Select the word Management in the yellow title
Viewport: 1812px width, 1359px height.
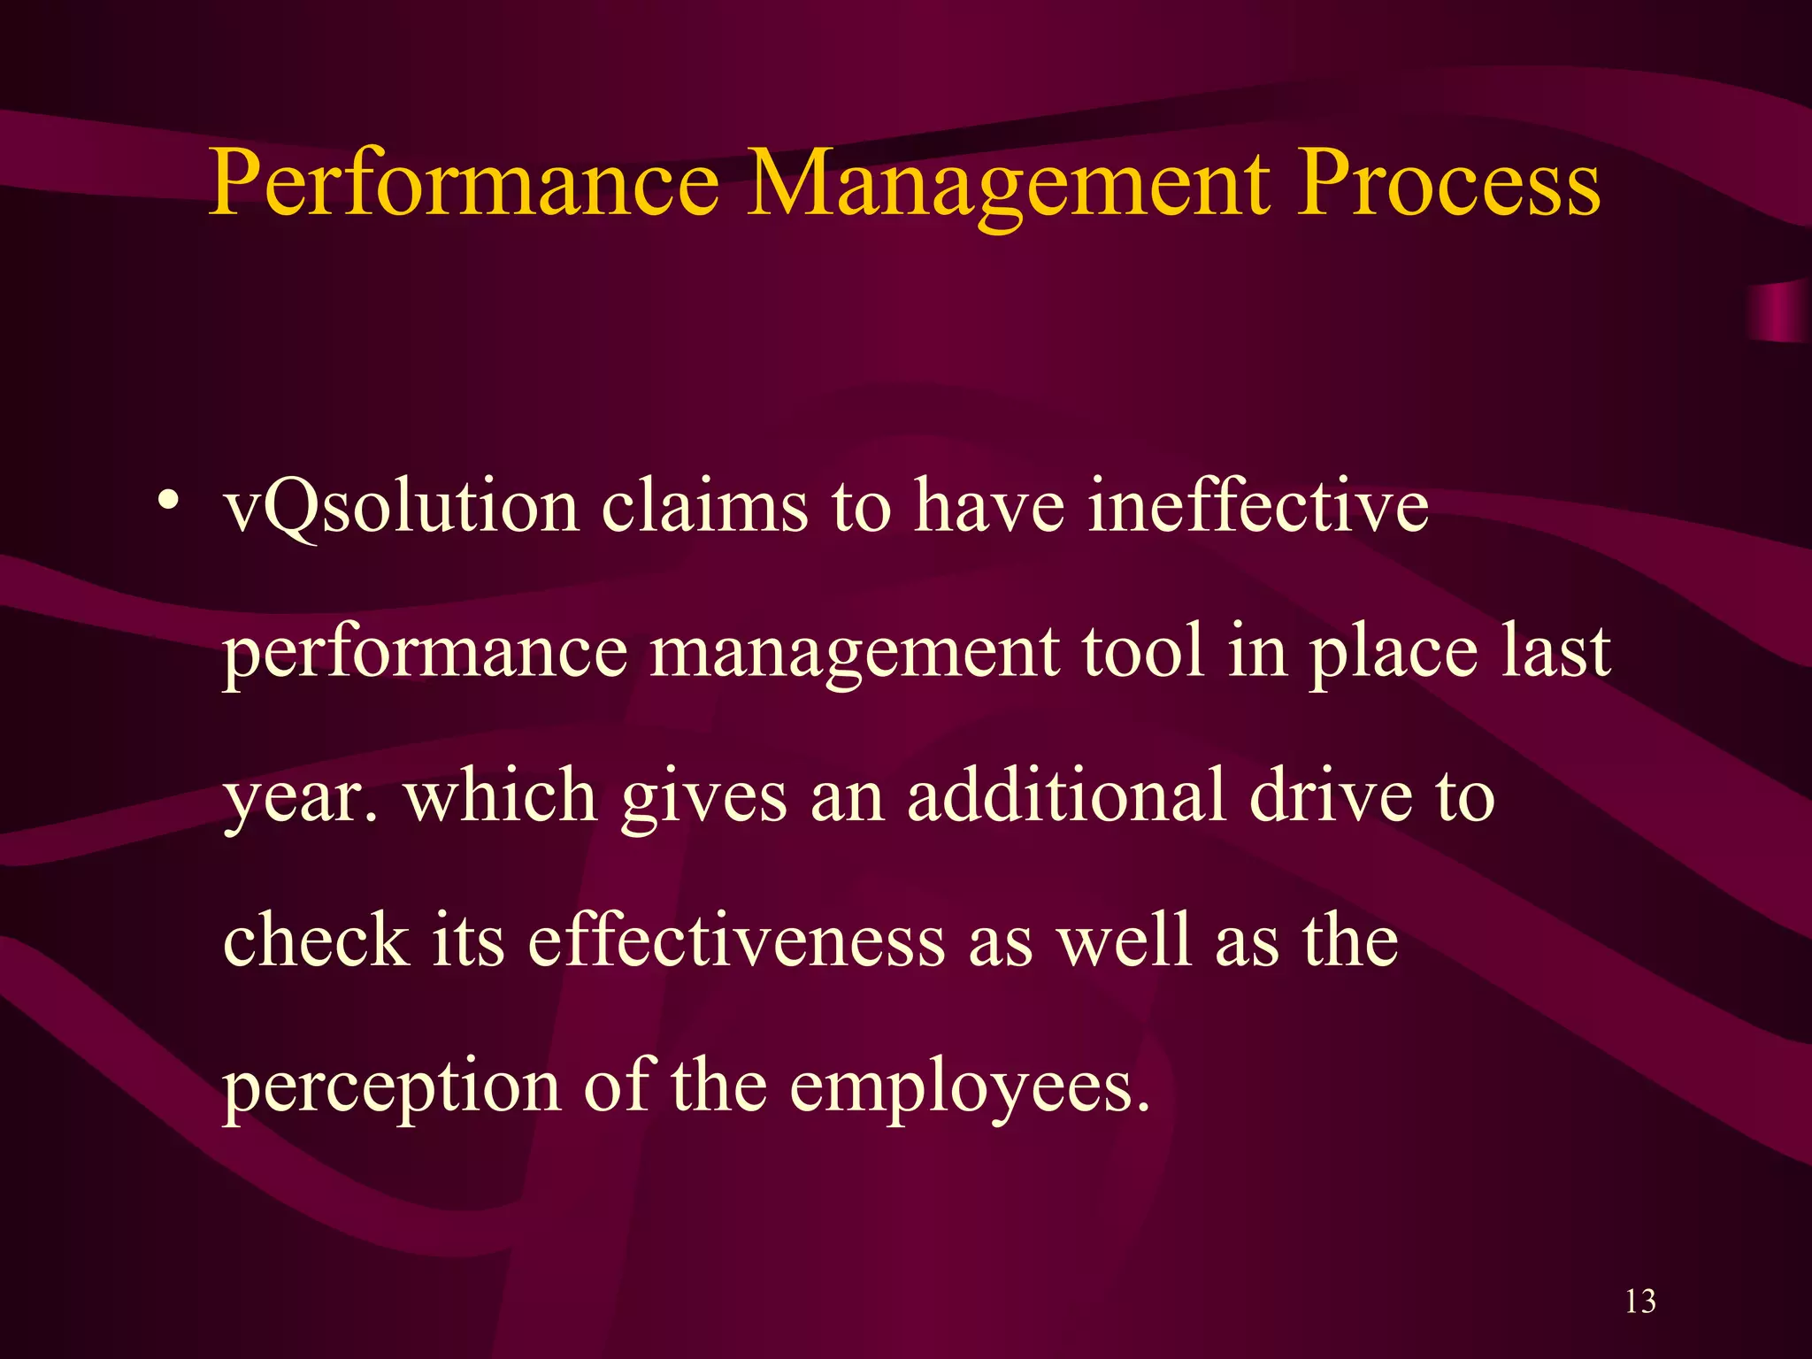[1009, 186]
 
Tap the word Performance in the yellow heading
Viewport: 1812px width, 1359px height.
[465, 186]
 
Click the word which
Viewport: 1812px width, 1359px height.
[501, 795]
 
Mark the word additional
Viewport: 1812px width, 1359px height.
[1065, 795]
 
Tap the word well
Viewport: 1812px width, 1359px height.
[1124, 940]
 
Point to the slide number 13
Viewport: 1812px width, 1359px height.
[1640, 1301]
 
